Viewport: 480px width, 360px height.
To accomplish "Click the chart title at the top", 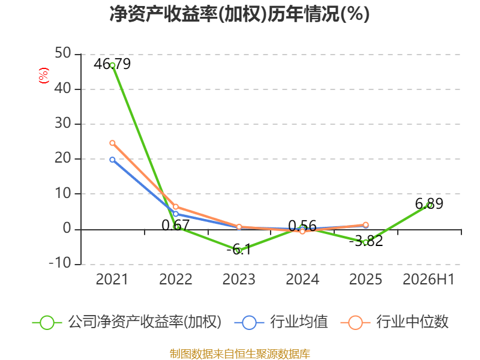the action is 239,14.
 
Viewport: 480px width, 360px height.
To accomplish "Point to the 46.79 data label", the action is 112,64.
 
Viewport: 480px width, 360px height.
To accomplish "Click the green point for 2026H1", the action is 429,205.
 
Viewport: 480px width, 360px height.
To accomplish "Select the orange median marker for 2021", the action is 112,143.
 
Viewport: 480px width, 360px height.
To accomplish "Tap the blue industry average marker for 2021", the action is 112,160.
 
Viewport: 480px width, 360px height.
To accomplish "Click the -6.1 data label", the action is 239,249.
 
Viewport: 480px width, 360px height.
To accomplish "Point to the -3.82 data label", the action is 366,241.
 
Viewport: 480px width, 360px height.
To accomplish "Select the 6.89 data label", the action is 429,203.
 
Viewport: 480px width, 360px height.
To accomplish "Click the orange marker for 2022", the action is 176,207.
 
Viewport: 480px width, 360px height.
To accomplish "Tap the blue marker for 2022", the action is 176,214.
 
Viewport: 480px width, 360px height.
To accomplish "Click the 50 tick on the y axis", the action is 63,53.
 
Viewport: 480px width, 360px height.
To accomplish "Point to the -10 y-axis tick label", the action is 60,263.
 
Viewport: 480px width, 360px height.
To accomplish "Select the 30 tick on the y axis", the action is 63,124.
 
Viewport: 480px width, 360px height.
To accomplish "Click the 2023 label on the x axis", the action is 239,280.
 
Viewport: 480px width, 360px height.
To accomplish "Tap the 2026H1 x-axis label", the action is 428,280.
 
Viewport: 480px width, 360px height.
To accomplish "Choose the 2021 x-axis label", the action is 112,280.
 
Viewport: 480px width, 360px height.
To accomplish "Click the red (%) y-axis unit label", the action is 43,76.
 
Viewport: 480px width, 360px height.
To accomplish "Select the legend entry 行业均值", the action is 281,322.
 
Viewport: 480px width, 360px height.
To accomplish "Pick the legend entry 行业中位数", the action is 395,322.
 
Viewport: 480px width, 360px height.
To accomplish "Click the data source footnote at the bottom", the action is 240,354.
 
